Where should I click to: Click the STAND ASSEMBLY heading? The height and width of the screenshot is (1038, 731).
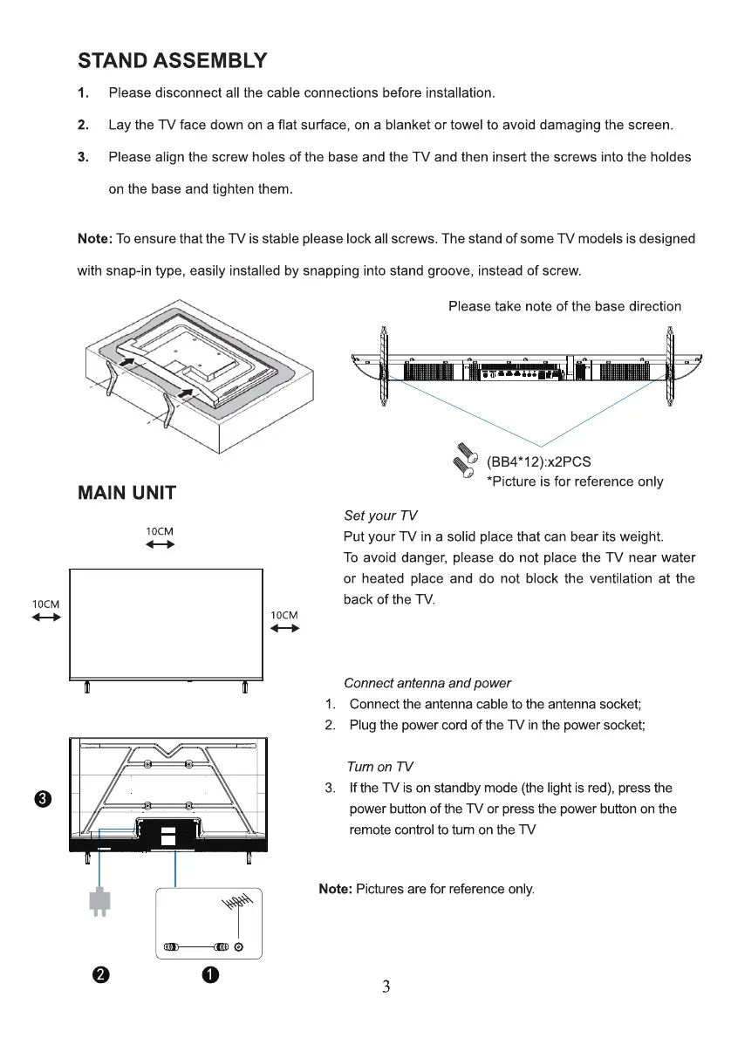tap(172, 61)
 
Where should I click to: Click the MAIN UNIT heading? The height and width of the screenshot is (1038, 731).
tap(127, 493)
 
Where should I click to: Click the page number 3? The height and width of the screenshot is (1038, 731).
tap(386, 987)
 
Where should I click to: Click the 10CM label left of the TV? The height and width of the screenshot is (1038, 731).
tap(46, 604)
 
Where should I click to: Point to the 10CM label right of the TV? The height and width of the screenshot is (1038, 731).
tap(284, 615)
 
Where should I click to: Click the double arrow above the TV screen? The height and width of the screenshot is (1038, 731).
tap(160, 545)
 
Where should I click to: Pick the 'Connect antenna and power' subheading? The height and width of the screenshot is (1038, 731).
tap(427, 683)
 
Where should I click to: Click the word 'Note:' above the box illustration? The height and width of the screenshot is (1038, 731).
tap(96, 239)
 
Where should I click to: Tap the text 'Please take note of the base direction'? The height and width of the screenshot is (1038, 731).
tap(564, 306)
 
